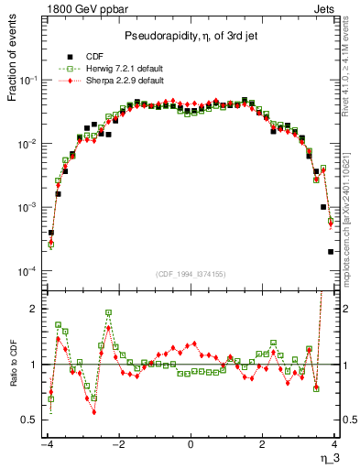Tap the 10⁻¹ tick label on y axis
coord(27,81)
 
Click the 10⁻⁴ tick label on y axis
coord(27,272)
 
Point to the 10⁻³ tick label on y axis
coord(27,208)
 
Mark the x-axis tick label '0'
coord(190,444)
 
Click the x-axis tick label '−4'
coord(45,444)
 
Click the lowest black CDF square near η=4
coord(331,252)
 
